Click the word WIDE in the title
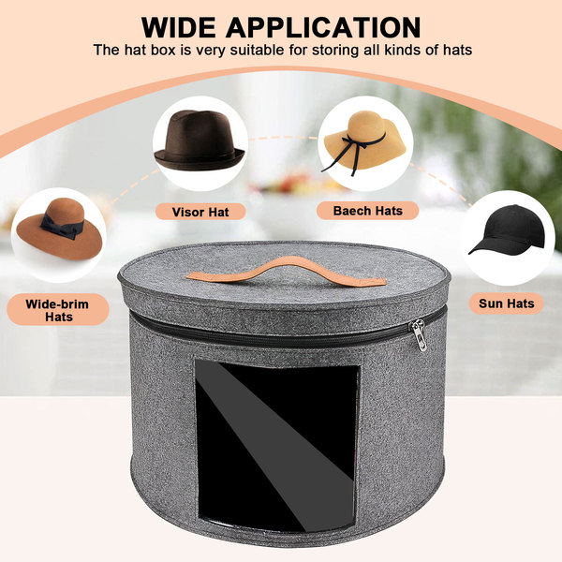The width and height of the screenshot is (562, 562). pyautogui.click(x=179, y=27)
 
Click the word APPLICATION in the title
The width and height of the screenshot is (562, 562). pyautogui.click(x=323, y=27)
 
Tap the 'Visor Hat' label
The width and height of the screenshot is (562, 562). pyautogui.click(x=200, y=212)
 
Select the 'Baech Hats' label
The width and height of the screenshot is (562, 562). pyautogui.click(x=368, y=211)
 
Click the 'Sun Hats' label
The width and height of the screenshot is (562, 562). pyautogui.click(x=507, y=303)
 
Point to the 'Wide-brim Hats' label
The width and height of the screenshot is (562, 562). pyautogui.click(x=57, y=310)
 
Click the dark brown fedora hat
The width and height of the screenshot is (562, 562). pyautogui.click(x=200, y=140)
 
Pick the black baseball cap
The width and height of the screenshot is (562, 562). pyautogui.click(x=509, y=230)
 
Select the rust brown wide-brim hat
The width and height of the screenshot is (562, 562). pyautogui.click(x=60, y=229)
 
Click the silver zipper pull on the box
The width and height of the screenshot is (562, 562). pyautogui.click(x=420, y=334)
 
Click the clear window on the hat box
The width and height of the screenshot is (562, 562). pyautogui.click(x=277, y=448)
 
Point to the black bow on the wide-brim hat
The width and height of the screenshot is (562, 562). pyautogui.click(x=62, y=225)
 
